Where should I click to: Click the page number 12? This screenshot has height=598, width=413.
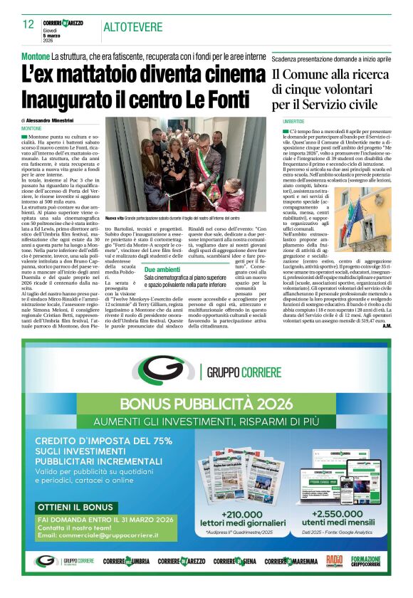[x=28, y=24]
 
